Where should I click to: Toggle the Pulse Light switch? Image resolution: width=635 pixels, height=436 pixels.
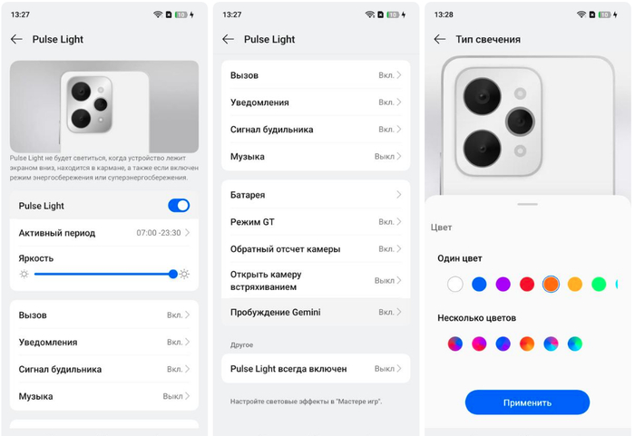coord(179,206)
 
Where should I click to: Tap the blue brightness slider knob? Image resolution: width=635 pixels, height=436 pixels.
coord(173,274)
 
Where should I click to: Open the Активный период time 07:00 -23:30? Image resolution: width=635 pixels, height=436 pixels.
coord(159,233)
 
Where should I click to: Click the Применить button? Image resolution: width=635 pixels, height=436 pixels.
coord(527,402)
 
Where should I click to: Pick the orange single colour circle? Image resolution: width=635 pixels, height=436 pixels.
coord(551,285)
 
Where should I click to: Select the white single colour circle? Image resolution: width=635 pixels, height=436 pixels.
coord(455,285)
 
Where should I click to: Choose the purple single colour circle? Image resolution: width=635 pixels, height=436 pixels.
coord(503,285)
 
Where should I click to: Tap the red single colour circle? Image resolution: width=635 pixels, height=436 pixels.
coord(527,285)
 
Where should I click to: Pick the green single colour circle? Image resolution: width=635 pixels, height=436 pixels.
coord(599,285)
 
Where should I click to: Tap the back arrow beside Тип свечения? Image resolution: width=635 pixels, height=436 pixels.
coord(440,39)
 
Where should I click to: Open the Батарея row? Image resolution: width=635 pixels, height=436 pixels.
coord(316,195)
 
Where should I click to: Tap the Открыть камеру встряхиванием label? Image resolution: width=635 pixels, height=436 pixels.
coord(266,281)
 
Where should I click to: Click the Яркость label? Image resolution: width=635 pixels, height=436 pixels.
coord(36,258)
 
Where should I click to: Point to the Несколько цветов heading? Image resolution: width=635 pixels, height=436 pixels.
coord(476,318)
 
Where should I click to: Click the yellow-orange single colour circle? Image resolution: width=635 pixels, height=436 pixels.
coord(574,285)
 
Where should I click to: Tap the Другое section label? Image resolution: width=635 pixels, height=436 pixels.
coord(242,345)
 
